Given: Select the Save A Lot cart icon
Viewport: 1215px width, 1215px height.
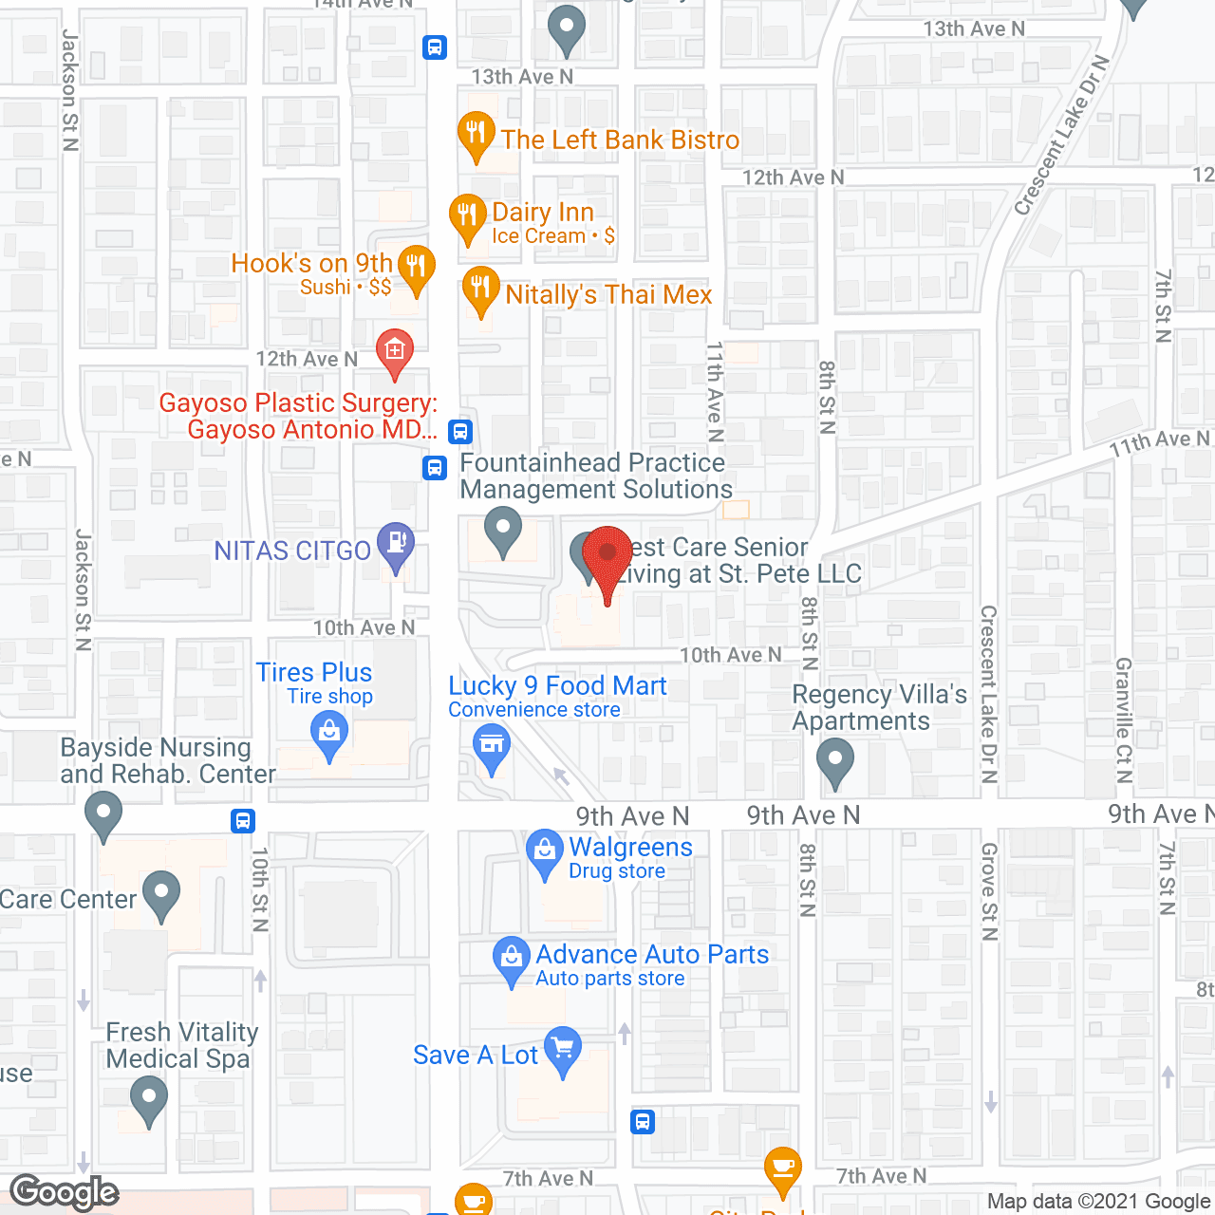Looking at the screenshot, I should [564, 1049].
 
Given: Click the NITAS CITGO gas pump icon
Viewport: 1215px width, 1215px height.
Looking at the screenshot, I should [396, 544].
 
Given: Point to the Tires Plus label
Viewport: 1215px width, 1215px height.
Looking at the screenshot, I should [314, 673].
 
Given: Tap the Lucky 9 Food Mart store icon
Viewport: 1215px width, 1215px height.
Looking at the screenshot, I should [492, 746].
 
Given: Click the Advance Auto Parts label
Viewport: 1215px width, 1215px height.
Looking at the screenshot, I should [652, 955].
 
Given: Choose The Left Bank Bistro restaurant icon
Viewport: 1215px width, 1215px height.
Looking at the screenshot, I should [476, 134].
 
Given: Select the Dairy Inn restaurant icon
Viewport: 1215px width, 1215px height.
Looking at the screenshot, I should [467, 215].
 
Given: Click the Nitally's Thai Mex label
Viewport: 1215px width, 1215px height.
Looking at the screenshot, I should [608, 295].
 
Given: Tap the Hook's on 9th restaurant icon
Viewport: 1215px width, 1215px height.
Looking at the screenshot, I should [417, 267].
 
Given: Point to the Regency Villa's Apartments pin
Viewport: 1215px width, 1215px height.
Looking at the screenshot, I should [835, 761].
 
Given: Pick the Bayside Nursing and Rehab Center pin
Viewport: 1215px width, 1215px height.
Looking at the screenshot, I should [103, 813].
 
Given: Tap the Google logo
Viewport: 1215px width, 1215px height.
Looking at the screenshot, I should [65, 1192].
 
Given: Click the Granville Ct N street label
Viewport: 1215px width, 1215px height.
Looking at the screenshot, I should [1124, 720].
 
